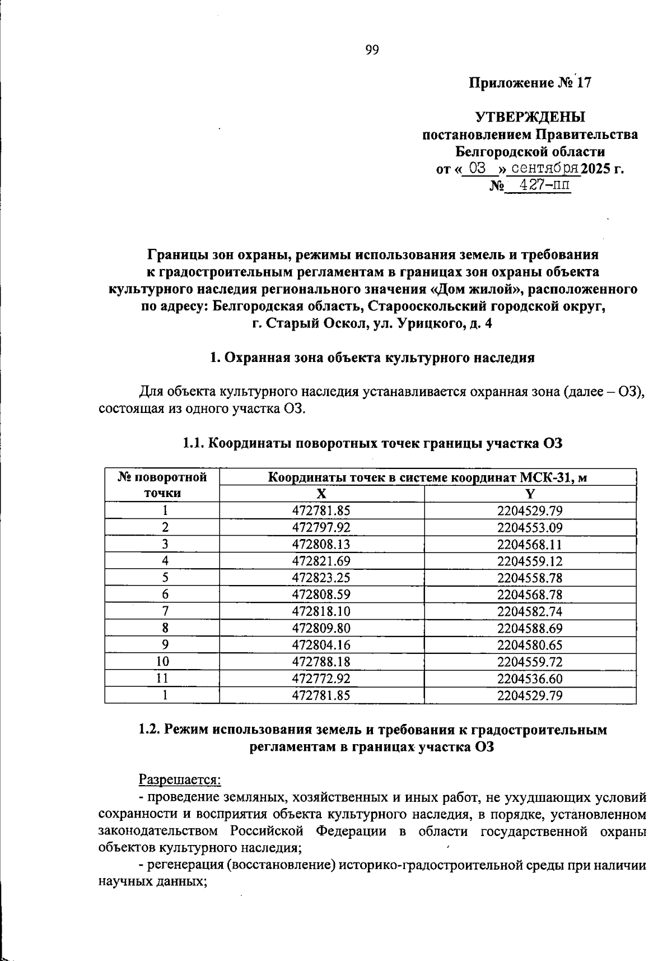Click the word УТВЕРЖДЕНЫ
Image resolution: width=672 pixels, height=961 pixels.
(530, 117)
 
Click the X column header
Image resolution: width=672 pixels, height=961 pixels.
(321, 494)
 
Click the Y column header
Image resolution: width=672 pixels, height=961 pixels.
(530, 494)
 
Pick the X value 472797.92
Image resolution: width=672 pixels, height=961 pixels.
(321, 527)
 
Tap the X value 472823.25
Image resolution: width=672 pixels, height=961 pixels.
(321, 578)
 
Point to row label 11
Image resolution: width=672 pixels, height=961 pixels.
(162, 679)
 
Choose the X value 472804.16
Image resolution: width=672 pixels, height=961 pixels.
(321, 645)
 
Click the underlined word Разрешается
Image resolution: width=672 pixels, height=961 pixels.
(179, 779)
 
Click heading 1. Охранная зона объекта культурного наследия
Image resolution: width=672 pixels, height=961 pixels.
(372, 358)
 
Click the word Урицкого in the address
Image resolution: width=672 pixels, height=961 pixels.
(431, 323)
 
